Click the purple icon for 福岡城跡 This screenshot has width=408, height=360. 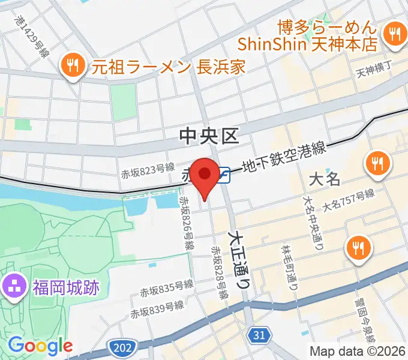(x=13, y=284)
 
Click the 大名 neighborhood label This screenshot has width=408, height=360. (x=325, y=179)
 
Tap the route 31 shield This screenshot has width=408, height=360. (x=259, y=335)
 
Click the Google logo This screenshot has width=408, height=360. (x=40, y=346)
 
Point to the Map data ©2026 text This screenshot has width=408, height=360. (x=358, y=351)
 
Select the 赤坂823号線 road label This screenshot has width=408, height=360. (x=148, y=172)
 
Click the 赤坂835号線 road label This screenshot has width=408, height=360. (x=167, y=289)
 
